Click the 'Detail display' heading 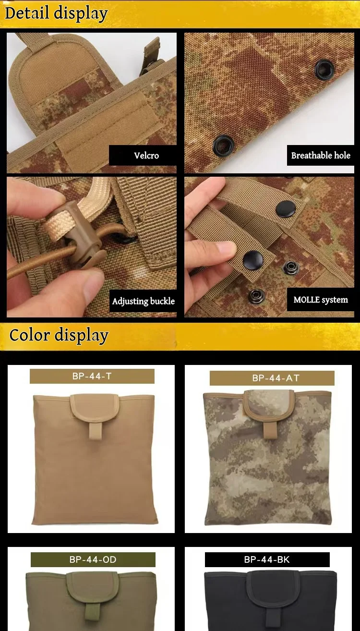click(56, 13)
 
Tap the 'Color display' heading click(59, 335)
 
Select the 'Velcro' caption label click(146, 156)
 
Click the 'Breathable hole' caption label click(321, 155)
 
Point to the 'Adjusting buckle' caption click(143, 301)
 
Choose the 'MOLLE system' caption click(321, 300)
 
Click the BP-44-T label click(92, 376)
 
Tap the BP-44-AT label click(272, 378)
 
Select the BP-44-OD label click(93, 559)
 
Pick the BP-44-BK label click(267, 559)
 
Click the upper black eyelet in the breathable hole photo click(324, 69)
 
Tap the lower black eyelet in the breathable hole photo click(223, 146)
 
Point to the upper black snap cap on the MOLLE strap click(286, 209)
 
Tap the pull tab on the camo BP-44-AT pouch click(269, 430)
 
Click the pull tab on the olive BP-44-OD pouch click(91, 612)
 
